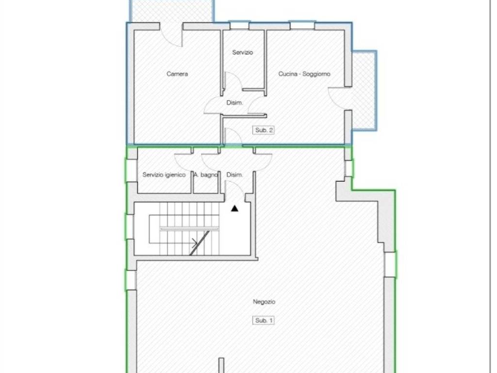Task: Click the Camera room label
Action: coord(177,74)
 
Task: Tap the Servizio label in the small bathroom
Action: coord(243,52)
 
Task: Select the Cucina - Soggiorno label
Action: coord(304,74)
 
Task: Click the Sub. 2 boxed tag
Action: coord(264,130)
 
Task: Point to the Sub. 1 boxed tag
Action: coord(264,321)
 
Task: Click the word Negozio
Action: coord(264,302)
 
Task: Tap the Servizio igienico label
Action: coord(164,175)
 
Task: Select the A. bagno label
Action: coord(206,175)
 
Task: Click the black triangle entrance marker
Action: coord(234,208)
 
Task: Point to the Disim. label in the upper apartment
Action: coord(234,103)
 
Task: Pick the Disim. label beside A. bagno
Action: coord(234,175)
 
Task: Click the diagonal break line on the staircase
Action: coord(199,243)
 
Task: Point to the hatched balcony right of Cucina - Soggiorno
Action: coord(364,90)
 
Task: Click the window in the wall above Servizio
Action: coord(239,25)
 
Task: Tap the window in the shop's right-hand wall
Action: coord(390,264)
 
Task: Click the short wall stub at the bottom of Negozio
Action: coord(221,365)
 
